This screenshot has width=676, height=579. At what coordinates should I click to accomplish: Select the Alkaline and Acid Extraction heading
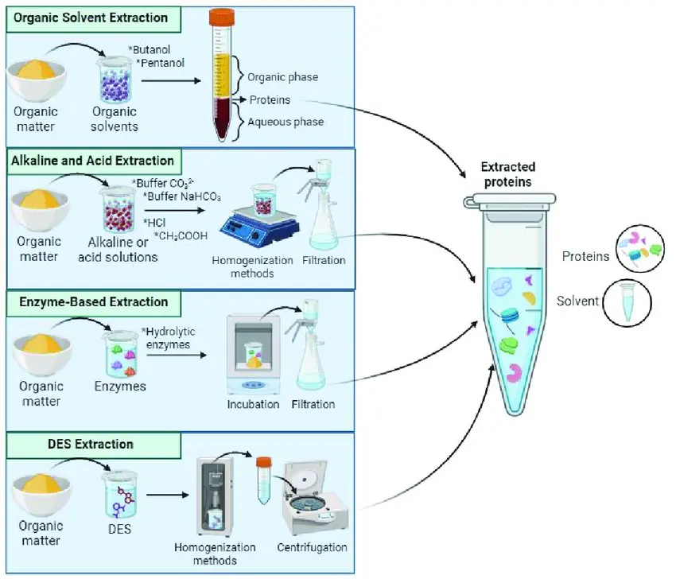(92, 161)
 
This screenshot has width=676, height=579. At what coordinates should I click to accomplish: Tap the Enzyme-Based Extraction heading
(89, 302)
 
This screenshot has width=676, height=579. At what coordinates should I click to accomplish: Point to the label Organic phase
(282, 77)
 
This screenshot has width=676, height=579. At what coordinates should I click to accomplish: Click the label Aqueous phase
(285, 122)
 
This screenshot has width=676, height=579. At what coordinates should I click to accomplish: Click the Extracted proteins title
(507, 174)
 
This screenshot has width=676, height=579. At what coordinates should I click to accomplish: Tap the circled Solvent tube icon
(627, 302)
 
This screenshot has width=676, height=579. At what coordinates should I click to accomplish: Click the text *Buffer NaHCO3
(181, 196)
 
